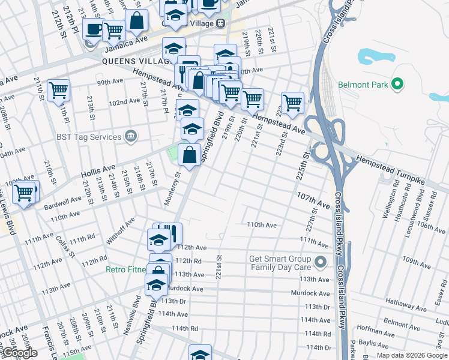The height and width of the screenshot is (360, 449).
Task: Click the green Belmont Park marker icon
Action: pyautogui.click(x=396, y=85)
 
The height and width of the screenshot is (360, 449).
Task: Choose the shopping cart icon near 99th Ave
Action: pyautogui.click(x=58, y=90)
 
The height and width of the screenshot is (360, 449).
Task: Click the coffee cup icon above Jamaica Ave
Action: pyautogui.click(x=93, y=28)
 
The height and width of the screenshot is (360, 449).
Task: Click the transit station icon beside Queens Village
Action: pyautogui.click(x=220, y=23)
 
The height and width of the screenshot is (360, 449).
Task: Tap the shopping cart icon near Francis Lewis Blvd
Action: pyautogui.click(x=24, y=193)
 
